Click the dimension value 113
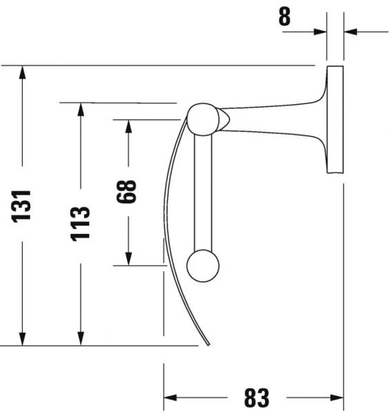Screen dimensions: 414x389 click(81, 223)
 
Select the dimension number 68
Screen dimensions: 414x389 click(128, 190)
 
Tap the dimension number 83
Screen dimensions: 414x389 click(256, 397)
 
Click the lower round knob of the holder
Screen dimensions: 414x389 click(203, 265)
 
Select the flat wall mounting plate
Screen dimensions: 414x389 click(335, 120)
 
